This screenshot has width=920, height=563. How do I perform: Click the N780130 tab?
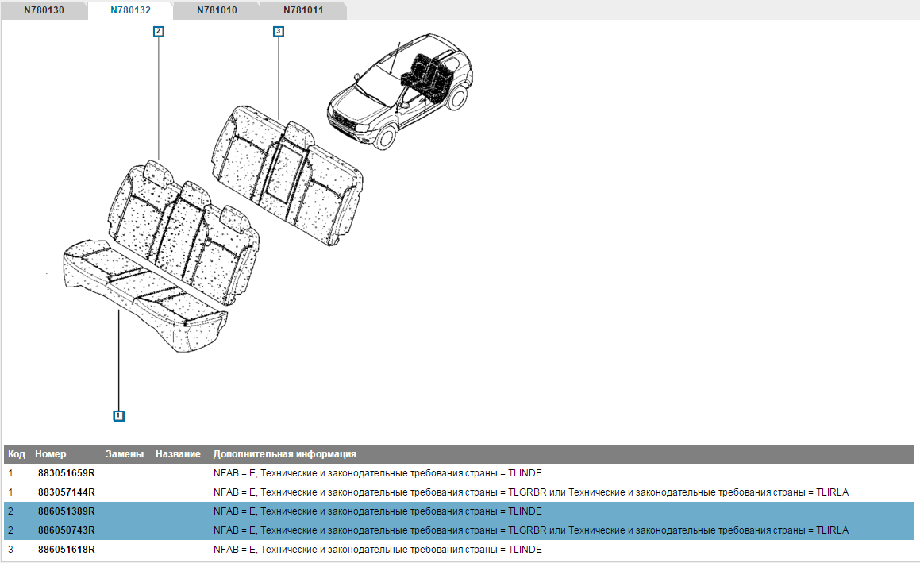point(44,10)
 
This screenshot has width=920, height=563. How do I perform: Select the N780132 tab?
point(130,10)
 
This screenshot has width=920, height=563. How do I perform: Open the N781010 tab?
point(217,10)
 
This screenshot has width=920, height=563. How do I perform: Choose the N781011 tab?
point(302,10)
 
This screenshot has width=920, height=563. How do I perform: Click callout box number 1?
point(118,415)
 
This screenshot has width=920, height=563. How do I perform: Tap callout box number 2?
point(159,31)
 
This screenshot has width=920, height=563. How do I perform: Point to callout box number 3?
point(279,31)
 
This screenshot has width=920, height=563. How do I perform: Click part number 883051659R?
point(67,473)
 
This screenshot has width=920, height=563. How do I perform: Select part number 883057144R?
point(67,492)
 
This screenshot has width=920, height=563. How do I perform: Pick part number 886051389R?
point(67,511)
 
